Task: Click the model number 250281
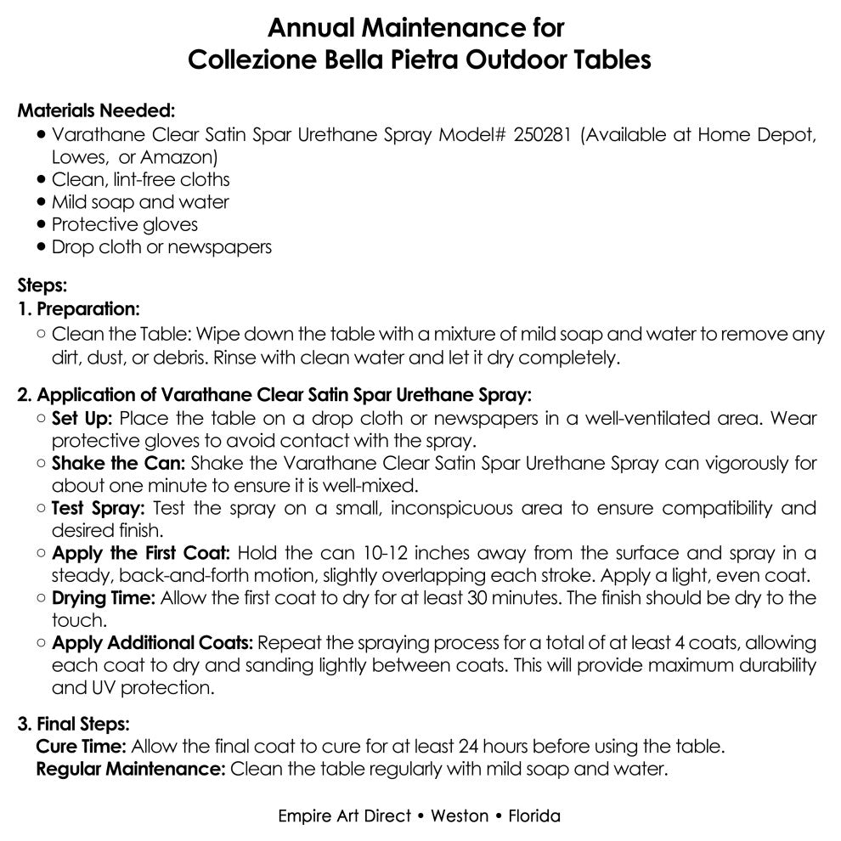tap(544, 135)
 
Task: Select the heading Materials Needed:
tap(97, 111)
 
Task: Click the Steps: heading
tap(42, 286)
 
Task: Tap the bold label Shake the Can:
tap(119, 464)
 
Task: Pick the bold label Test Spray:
tap(99, 508)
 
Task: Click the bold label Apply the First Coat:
tap(141, 553)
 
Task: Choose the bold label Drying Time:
tap(104, 597)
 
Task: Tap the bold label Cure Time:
tap(82, 748)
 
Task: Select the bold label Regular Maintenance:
tap(131, 770)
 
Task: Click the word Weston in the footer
tap(460, 816)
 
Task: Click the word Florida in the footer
tap(534, 816)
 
